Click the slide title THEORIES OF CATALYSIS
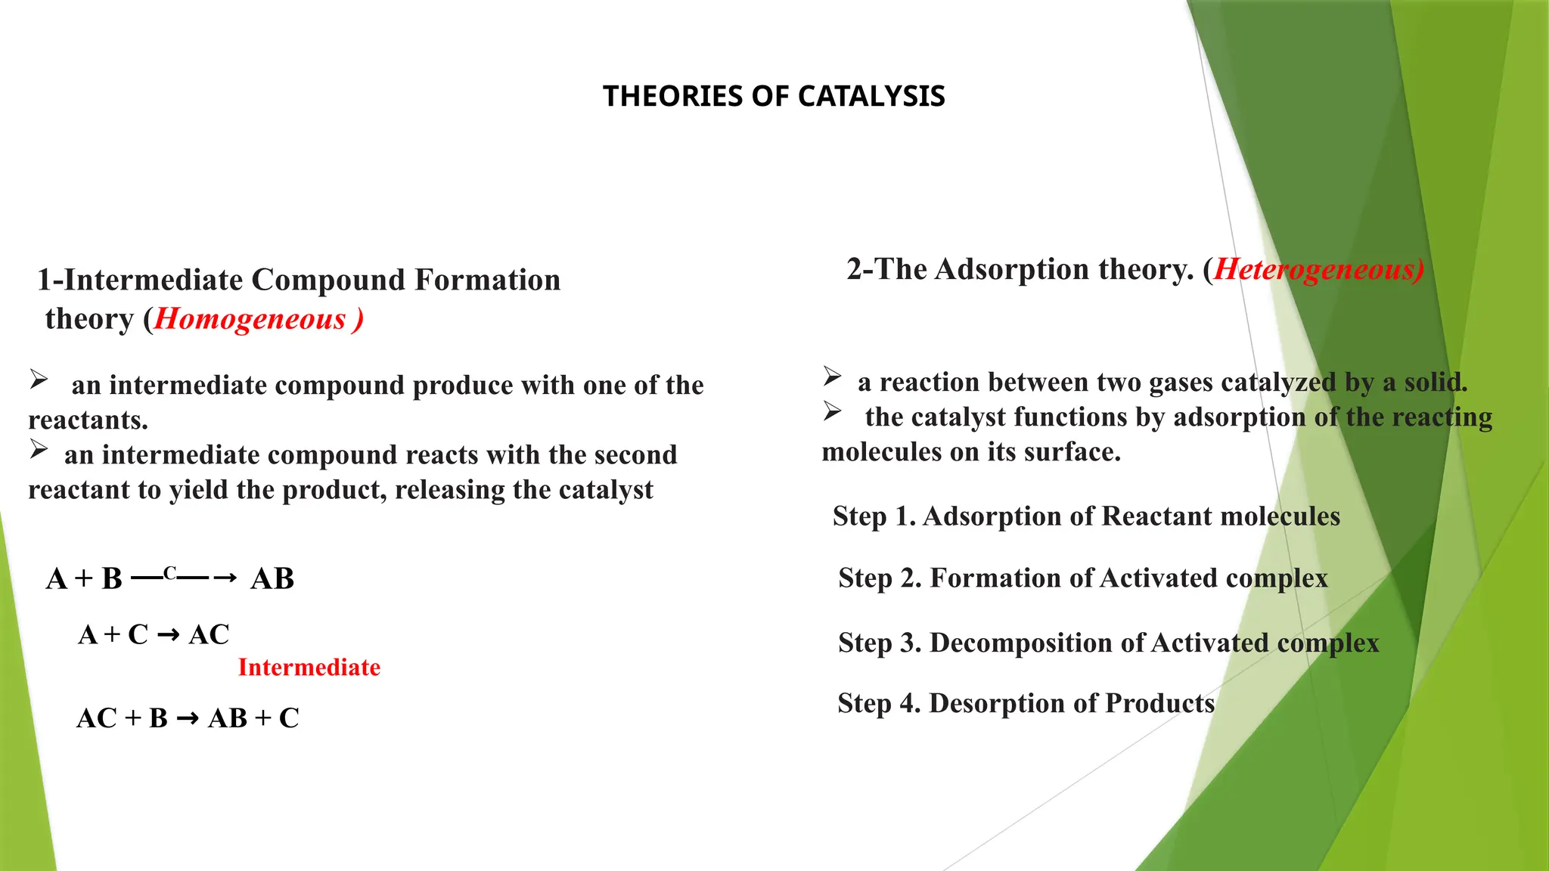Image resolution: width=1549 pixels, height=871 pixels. click(x=774, y=96)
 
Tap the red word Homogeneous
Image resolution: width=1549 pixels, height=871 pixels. click(x=250, y=319)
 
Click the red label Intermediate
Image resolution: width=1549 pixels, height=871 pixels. click(x=309, y=667)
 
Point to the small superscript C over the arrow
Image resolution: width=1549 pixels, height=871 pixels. click(x=170, y=573)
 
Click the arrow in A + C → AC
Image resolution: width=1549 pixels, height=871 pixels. click(x=169, y=635)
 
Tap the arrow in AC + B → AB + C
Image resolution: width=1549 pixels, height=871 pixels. click(x=188, y=719)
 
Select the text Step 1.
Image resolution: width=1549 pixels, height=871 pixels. click(x=873, y=516)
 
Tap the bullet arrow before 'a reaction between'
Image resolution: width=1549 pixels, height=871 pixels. click(x=832, y=376)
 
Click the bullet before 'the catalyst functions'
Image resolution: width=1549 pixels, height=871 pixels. click(x=832, y=411)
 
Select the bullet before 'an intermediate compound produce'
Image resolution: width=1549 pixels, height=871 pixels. click(x=39, y=379)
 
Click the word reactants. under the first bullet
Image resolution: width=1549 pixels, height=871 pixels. click(x=88, y=420)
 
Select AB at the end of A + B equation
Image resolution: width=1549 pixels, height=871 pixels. click(x=272, y=579)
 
